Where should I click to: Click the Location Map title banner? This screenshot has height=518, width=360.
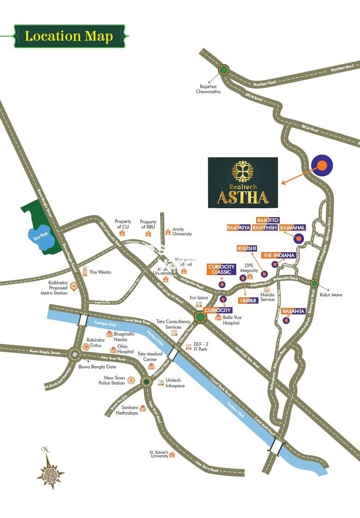pos(69,36)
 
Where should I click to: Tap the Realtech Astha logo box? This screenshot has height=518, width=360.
pos(243,182)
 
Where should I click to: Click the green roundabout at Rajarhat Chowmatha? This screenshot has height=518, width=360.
pos(224,70)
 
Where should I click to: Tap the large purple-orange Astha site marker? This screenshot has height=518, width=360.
pos(322,165)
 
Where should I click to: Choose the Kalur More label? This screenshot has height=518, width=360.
pos(330,295)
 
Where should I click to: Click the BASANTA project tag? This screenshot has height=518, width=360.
pos(294,311)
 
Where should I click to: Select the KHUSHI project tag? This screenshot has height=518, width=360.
pos(246,248)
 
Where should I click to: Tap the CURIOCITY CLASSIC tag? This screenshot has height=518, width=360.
pos(222,270)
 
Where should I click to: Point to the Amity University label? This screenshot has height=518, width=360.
pos(182,232)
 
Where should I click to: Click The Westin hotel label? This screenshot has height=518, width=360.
pos(100,272)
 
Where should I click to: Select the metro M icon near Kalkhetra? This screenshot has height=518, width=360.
pos(73,286)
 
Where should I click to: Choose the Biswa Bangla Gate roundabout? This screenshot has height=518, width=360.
pos(75,354)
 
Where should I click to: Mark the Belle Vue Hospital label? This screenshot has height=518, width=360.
pos(231,320)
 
